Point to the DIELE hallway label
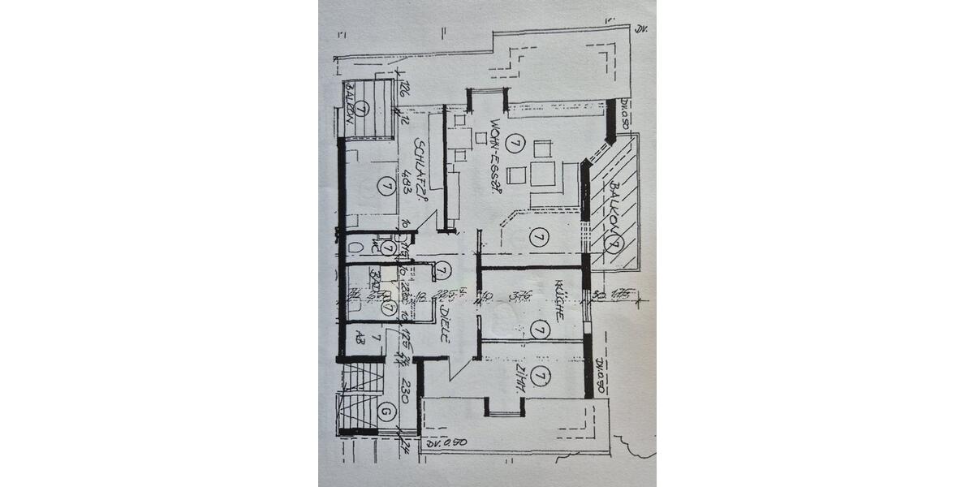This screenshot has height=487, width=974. [x=445, y=323]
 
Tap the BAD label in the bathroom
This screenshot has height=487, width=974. [x=375, y=281]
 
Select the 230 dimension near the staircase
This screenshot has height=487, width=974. [x=399, y=394]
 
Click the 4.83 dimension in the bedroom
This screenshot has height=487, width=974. [x=403, y=178]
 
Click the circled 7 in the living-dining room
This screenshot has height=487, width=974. [x=512, y=144]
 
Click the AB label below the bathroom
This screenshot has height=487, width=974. [x=358, y=339]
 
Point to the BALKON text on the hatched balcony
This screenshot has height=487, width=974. [x=614, y=203]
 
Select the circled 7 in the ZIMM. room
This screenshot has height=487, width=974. [x=542, y=375]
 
